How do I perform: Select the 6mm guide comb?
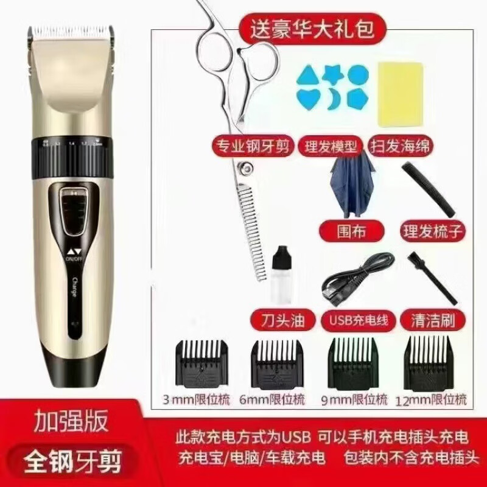point(277,364)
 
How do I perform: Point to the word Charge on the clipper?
point(74,288)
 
